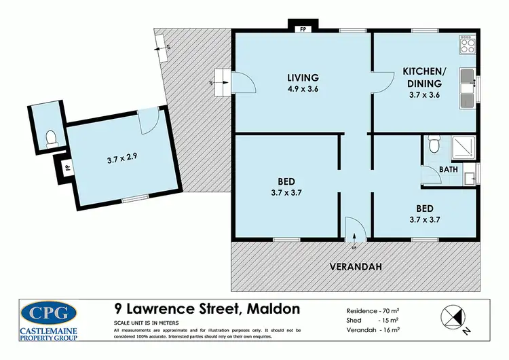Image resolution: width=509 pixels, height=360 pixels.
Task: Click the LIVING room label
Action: click(303, 77)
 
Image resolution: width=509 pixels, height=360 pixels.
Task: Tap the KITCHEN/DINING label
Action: click(425, 76)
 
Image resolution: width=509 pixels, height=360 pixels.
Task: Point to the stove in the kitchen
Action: click(467, 46)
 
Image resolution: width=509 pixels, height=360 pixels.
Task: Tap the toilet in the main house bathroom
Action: click(434, 144)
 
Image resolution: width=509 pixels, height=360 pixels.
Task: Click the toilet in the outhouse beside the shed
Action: click(49, 139)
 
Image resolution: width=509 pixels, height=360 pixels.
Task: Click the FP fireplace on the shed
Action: click(66, 166)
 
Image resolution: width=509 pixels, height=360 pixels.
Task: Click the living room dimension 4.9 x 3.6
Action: click(303, 87)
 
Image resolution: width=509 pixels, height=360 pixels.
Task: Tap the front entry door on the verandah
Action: click(354, 229)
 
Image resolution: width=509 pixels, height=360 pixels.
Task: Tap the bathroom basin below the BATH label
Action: click(468, 179)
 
